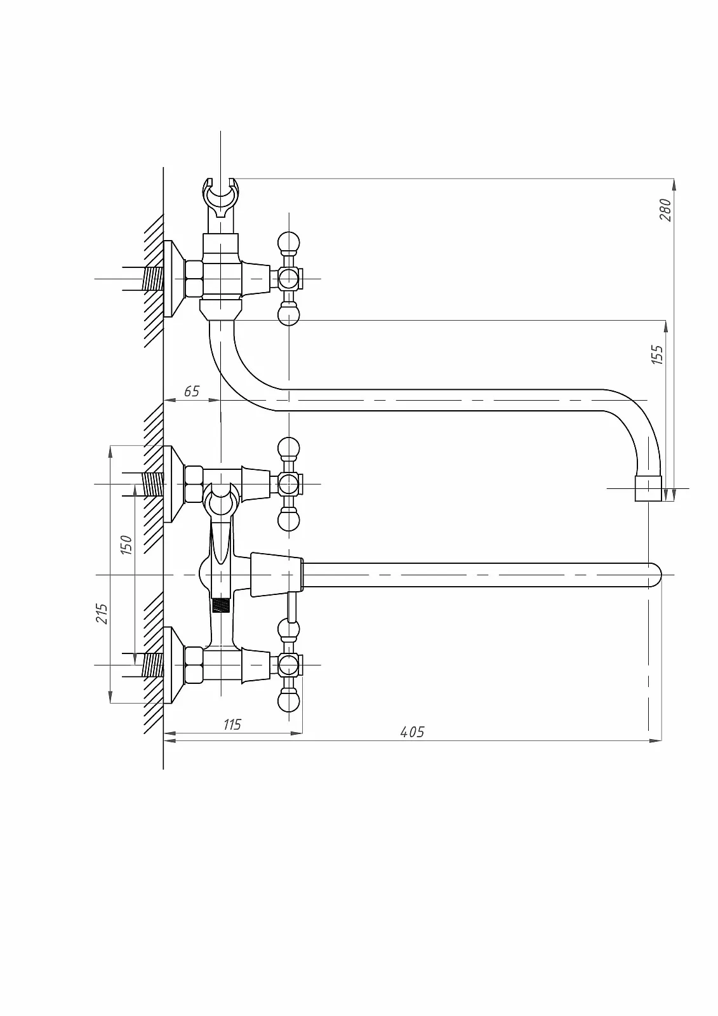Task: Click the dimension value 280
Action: pos(665,210)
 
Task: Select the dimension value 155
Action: pos(657,355)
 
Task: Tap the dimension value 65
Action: pos(192,391)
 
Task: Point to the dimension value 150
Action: pos(126,545)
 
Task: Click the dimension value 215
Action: pos(102,613)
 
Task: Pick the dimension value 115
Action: pos(232,725)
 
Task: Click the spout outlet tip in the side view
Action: pos(648,488)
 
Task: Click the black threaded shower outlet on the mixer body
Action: pos(220,605)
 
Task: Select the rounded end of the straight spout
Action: pos(655,575)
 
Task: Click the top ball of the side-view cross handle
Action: pos(288,242)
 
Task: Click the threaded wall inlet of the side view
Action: pos(153,279)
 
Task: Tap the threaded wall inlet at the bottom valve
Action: pos(153,665)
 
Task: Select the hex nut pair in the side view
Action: pos(194,279)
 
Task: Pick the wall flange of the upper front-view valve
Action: pos(173,484)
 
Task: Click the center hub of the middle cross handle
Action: pos(288,484)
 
